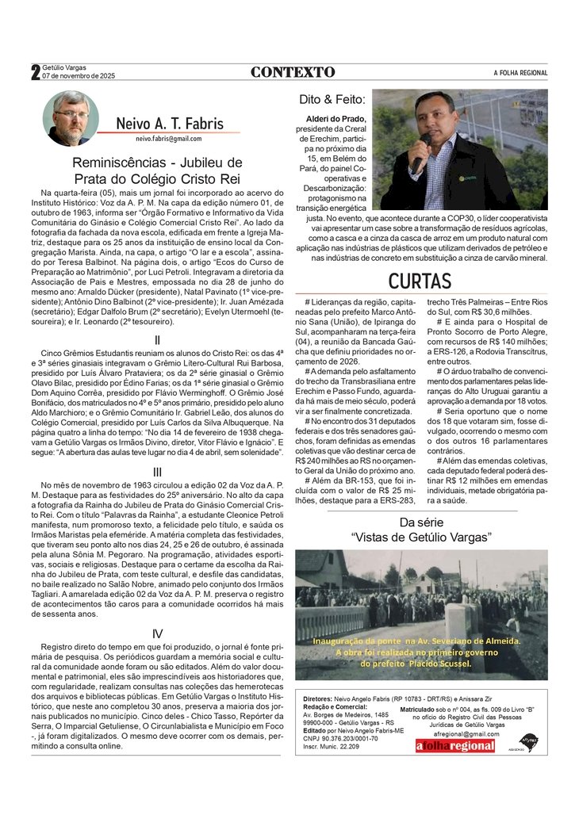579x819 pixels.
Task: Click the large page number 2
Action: pos(35,73)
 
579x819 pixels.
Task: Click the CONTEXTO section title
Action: pos(293,72)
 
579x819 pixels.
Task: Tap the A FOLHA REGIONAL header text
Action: pos(520,73)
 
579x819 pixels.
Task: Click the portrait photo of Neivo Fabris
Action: pos(71,118)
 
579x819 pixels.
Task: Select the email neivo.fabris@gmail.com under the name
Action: pos(168,138)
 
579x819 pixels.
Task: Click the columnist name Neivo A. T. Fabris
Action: pos(169,124)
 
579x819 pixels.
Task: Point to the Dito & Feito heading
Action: pos(332,100)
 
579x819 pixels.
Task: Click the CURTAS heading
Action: pos(420,281)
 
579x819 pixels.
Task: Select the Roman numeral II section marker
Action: pos(157,340)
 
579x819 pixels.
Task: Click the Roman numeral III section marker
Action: pos(157,472)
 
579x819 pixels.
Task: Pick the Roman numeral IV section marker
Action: pos(157,633)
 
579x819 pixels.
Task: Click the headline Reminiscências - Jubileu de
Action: pos(157,163)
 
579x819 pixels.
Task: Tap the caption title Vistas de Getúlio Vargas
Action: pos(421,537)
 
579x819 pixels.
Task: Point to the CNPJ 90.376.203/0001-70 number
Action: pos(340,738)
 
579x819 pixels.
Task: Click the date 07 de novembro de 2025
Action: pos(79,77)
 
